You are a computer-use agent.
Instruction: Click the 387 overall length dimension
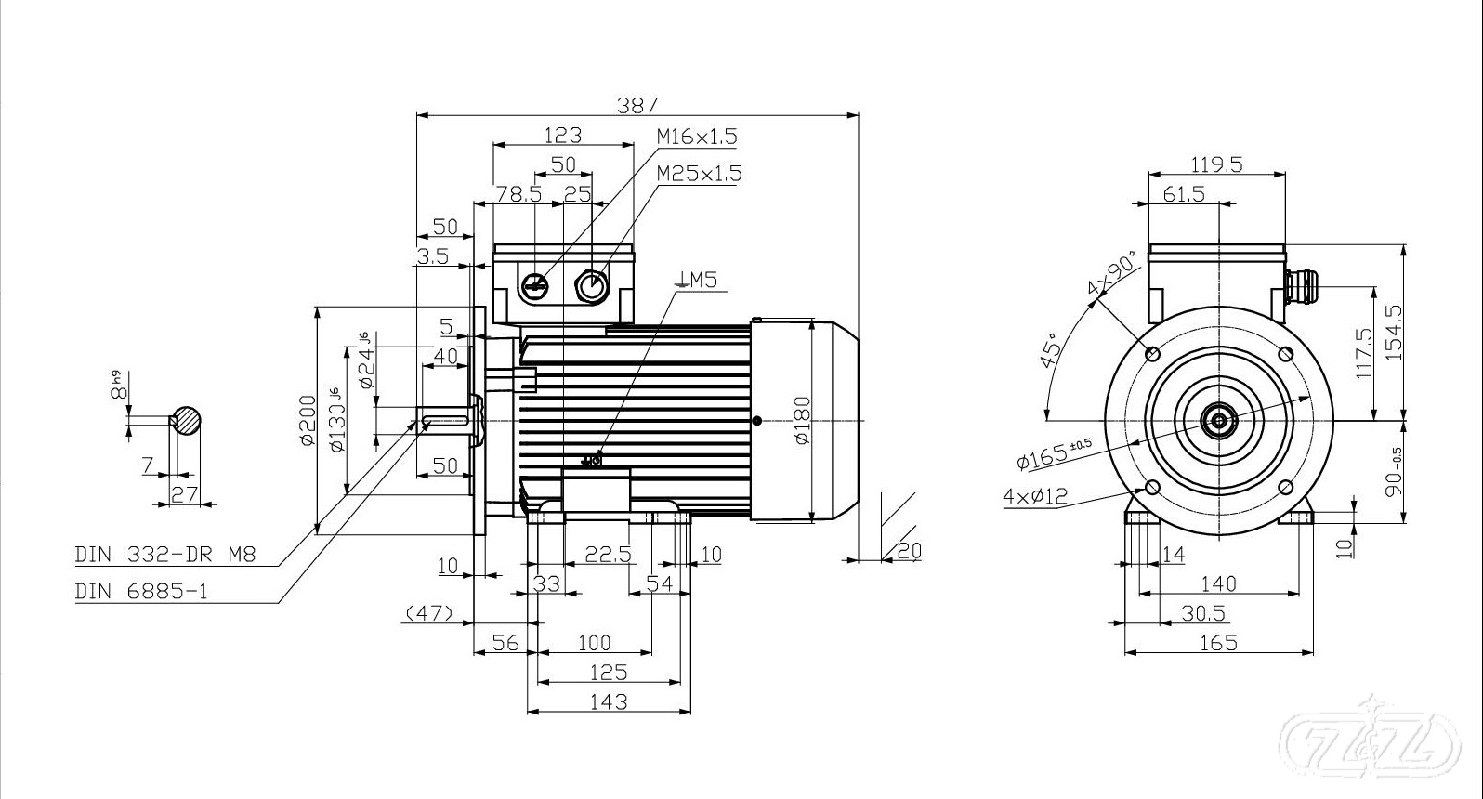pyautogui.click(x=637, y=104)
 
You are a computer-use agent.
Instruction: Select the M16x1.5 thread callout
pyautogui.click(x=696, y=137)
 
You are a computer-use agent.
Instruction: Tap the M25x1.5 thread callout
pyautogui.click(x=699, y=174)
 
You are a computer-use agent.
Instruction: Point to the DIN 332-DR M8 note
pyautogui.click(x=164, y=556)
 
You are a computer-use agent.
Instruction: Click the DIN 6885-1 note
pyautogui.click(x=141, y=591)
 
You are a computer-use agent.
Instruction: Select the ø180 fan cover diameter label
pyautogui.click(x=803, y=420)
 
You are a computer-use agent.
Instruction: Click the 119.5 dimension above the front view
pyautogui.click(x=1216, y=164)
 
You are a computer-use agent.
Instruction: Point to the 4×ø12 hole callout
pyautogui.click(x=1034, y=496)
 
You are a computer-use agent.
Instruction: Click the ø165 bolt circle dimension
pyautogui.click(x=1054, y=452)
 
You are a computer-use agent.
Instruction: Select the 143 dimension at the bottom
pyautogui.click(x=609, y=701)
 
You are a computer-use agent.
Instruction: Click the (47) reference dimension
pyautogui.click(x=428, y=613)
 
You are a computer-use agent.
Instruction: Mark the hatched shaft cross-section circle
pyautogui.click(x=187, y=421)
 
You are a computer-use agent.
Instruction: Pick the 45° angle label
pyautogui.click(x=1052, y=351)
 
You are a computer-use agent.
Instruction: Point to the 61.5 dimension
pyautogui.click(x=1183, y=193)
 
